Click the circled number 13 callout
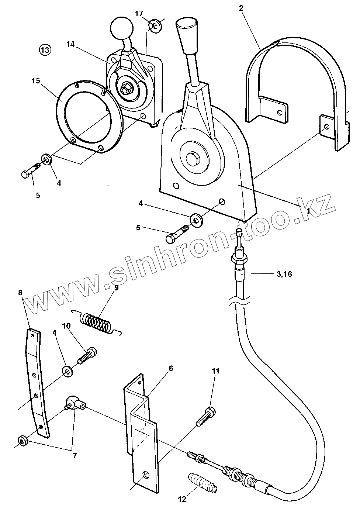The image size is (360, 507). coord(45,50)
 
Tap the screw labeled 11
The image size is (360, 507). coord(205,415)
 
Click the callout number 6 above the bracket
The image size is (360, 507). coord(171,368)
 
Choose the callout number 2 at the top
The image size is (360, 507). coord(241,8)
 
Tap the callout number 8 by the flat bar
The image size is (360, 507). coord(20,292)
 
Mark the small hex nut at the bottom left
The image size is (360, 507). coord(22,440)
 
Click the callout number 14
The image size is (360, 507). coord(70,44)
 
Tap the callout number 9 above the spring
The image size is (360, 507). coord(117,287)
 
